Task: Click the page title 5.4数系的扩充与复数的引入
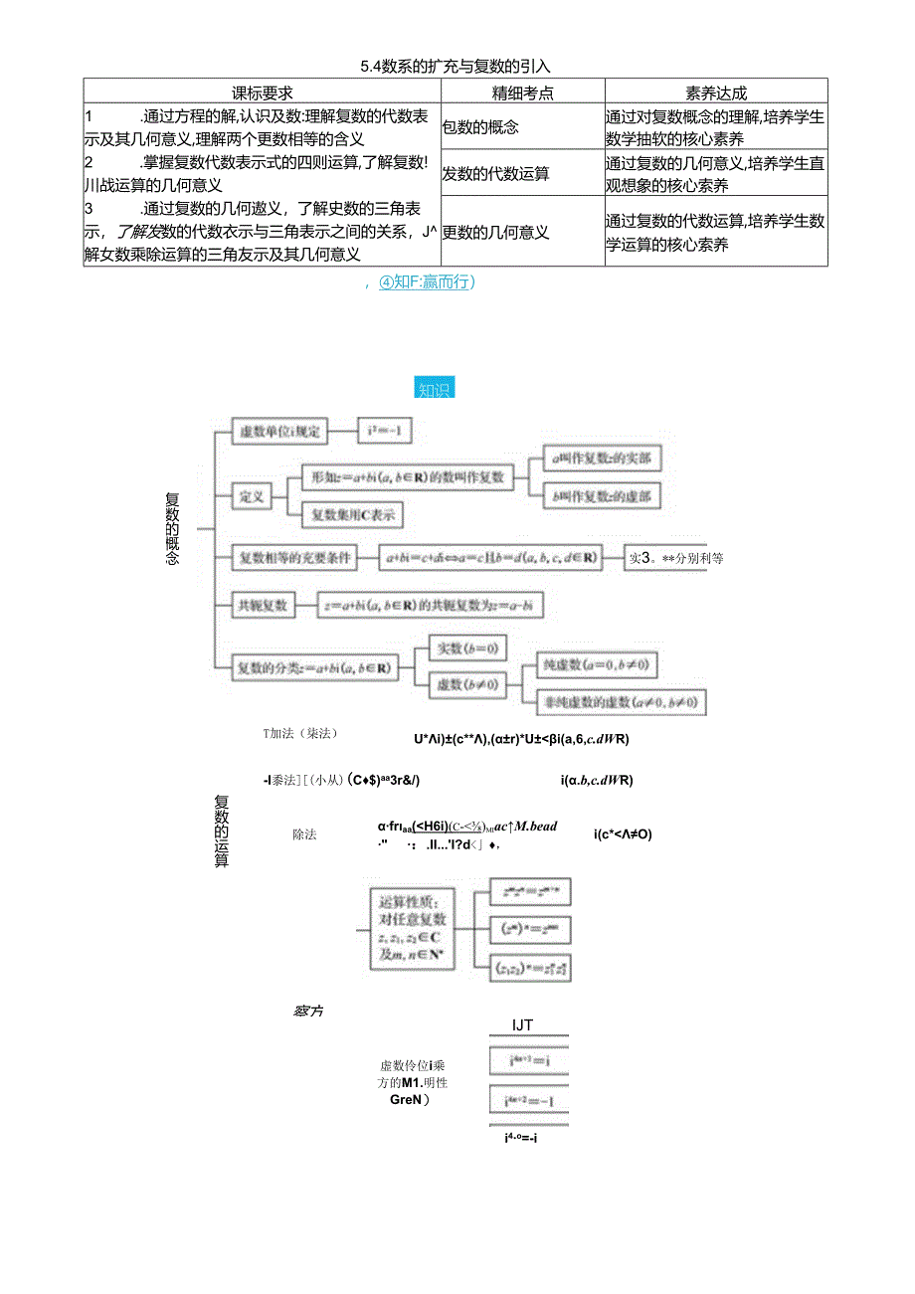tap(456, 67)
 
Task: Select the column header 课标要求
tap(262, 92)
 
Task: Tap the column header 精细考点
tap(522, 92)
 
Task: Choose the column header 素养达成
tap(715, 92)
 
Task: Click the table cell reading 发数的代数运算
tap(496, 174)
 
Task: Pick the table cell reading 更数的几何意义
tap(496, 232)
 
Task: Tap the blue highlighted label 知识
tap(434, 389)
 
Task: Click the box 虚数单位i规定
tap(279, 432)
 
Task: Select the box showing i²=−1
tap(385, 432)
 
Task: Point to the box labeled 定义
tap(252, 495)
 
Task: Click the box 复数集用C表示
tap(352, 514)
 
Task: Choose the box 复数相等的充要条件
tap(295, 558)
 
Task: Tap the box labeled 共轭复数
tap(262, 604)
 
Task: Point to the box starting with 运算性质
tap(412, 929)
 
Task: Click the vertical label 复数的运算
tap(222, 831)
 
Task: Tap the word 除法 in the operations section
tap(304, 833)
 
